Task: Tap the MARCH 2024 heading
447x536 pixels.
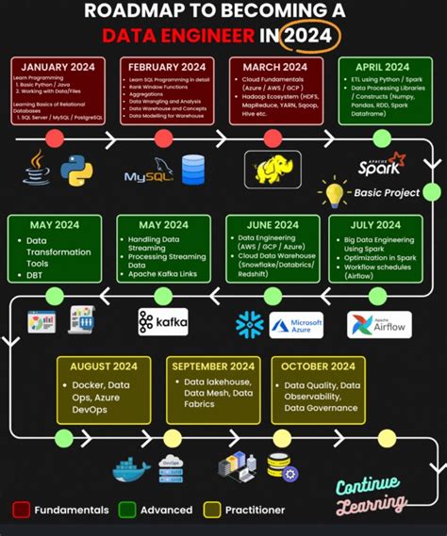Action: pyautogui.click(x=273, y=67)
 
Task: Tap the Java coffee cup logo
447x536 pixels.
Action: pyautogui.click(x=39, y=170)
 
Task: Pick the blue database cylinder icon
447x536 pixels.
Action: pyautogui.click(x=193, y=170)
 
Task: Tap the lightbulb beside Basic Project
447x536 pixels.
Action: pyautogui.click(x=334, y=194)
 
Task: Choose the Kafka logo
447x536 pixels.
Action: pyautogui.click(x=162, y=322)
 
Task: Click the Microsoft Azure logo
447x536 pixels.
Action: pyautogui.click(x=296, y=325)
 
